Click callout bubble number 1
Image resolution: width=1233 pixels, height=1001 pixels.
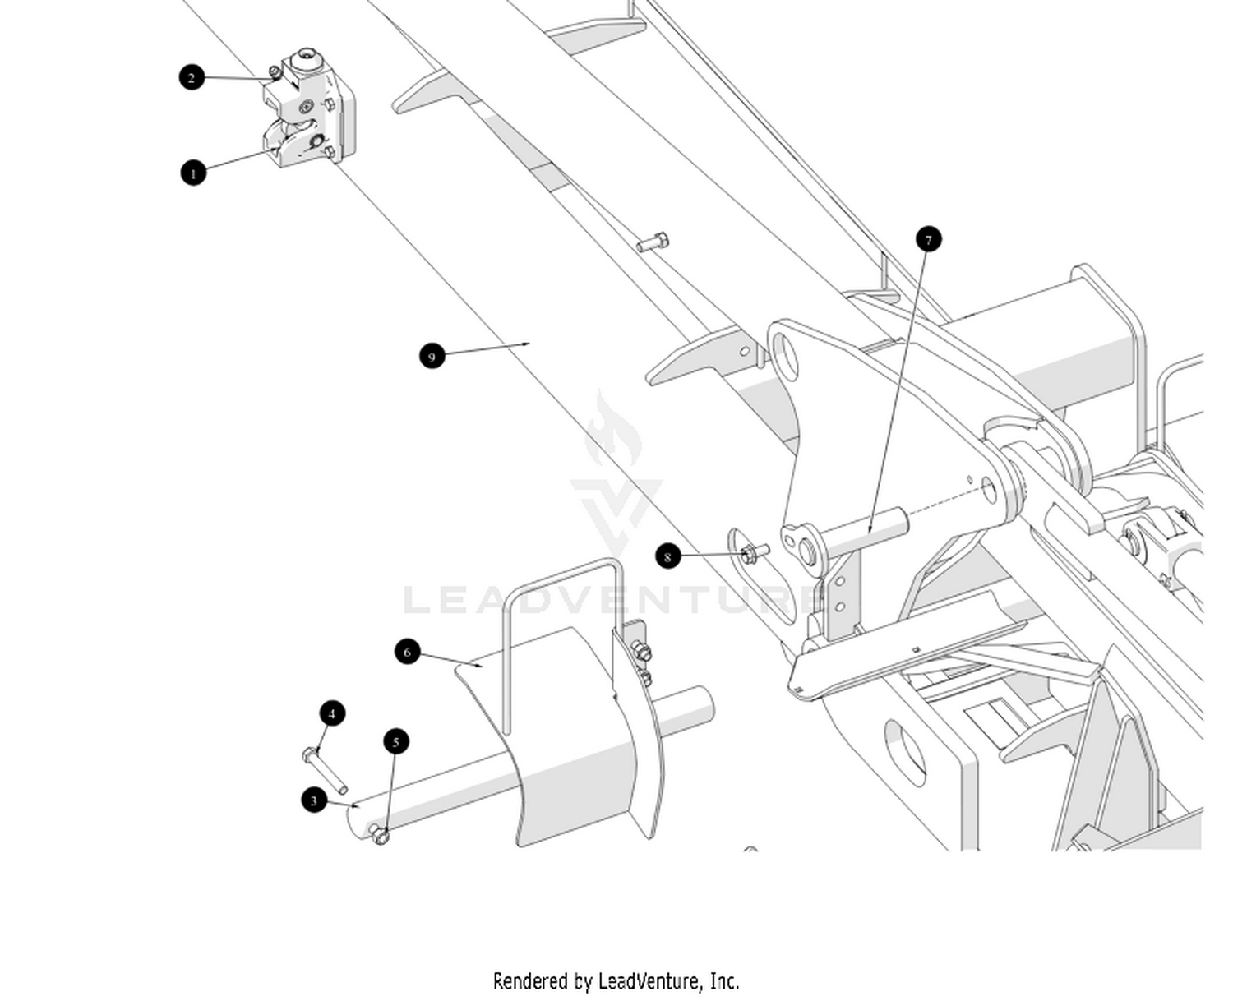[x=193, y=173]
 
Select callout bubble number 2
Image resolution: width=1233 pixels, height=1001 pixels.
[x=192, y=77]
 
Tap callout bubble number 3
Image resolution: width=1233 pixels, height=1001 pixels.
[x=314, y=800]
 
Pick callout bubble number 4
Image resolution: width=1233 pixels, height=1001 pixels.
[x=332, y=713]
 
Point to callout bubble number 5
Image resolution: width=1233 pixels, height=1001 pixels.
[x=396, y=741]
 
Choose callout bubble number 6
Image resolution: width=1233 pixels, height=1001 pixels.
[x=408, y=652]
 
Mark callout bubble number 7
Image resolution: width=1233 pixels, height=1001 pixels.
[x=928, y=239]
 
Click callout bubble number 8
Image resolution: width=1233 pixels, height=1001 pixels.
[x=667, y=556]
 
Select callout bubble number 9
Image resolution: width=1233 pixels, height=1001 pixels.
[x=432, y=356]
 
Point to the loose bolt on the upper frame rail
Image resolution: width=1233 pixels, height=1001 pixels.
[x=653, y=242]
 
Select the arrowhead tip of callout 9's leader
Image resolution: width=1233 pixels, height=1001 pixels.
[x=529, y=344]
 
